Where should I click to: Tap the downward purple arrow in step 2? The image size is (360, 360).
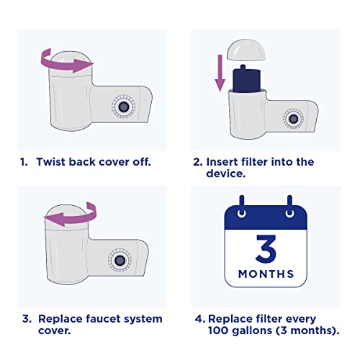click(220, 73)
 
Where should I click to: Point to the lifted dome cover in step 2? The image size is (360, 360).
click(246, 50)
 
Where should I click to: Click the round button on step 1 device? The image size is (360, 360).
click(124, 107)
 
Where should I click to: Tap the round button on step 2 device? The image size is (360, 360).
click(293, 119)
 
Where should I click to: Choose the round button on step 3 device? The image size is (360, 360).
click(120, 260)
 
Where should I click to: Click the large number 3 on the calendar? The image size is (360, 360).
click(266, 248)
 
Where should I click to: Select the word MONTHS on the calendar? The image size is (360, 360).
click(266, 274)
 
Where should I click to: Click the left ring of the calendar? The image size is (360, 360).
click(242, 212)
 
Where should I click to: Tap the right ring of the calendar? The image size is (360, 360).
click(289, 212)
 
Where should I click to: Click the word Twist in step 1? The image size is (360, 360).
click(51, 162)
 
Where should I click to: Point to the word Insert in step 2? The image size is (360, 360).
click(222, 162)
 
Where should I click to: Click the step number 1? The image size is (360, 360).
click(24, 162)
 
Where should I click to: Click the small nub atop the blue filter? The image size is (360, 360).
click(243, 67)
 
